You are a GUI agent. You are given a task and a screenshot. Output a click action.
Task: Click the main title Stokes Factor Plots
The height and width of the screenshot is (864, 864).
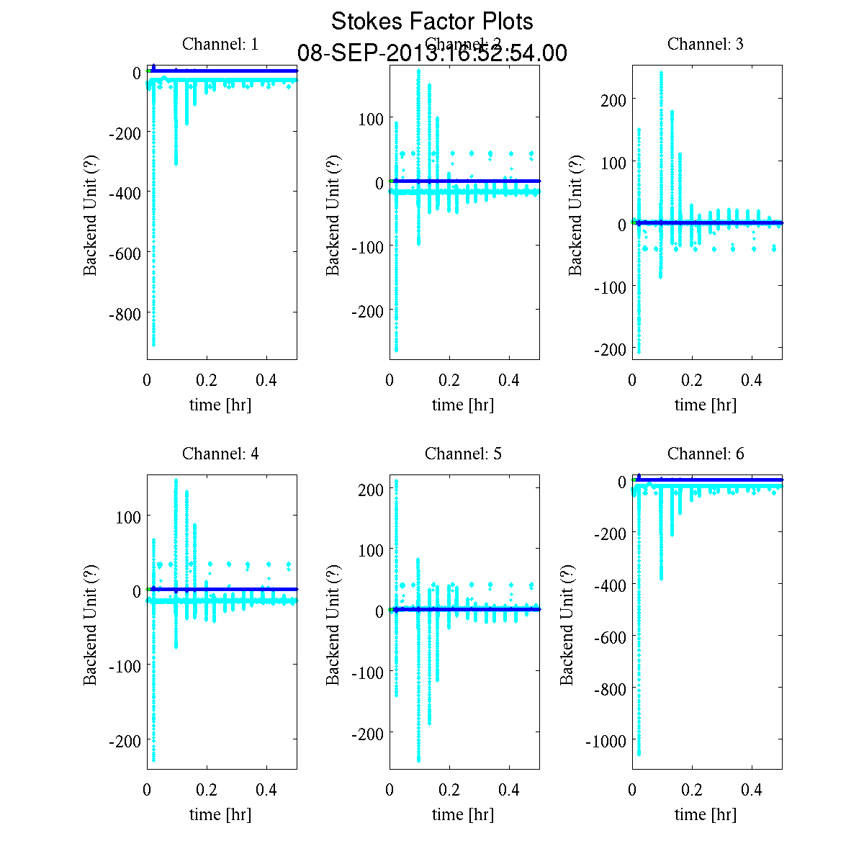(x=432, y=22)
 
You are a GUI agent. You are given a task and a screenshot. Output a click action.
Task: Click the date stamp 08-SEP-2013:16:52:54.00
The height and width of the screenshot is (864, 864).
(x=432, y=53)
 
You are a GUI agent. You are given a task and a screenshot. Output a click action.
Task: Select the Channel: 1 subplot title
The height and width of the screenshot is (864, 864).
(x=220, y=44)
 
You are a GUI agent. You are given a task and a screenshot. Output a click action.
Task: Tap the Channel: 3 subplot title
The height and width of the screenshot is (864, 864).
(x=706, y=44)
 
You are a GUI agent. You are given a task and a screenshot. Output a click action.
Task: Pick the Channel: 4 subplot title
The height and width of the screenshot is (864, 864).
(x=220, y=454)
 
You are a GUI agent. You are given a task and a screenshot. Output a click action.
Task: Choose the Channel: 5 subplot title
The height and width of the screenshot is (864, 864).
(x=463, y=454)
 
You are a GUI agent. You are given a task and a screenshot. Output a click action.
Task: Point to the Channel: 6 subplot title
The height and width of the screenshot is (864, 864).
(x=706, y=454)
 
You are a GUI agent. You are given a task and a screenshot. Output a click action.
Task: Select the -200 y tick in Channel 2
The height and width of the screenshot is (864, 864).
(x=367, y=311)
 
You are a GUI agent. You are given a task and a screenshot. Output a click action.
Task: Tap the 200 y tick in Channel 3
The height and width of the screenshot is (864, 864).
(x=613, y=99)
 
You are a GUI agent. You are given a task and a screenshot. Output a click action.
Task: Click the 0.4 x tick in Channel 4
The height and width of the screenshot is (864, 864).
(x=266, y=789)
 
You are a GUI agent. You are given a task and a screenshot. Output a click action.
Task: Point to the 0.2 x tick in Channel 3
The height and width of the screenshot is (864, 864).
(x=692, y=379)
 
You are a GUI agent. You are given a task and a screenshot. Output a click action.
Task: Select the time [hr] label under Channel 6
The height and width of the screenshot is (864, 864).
(x=706, y=814)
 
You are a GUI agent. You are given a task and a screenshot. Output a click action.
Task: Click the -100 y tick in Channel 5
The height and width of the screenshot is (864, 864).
(x=367, y=672)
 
